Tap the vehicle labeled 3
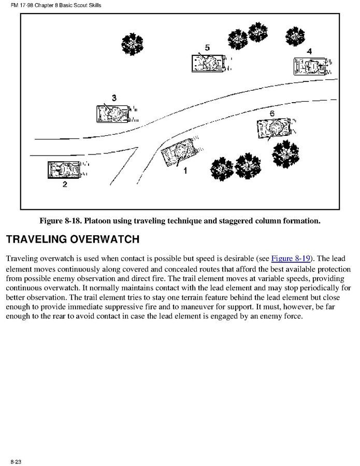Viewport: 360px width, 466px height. pyautogui.click(x=111, y=112)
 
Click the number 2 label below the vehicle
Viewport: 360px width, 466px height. pyautogui.click(x=65, y=185)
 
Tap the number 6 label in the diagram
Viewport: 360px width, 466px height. pyautogui.click(x=272, y=114)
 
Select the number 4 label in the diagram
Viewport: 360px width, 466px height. pyautogui.click(x=309, y=51)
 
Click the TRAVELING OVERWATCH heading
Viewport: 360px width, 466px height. pyautogui.click(x=72, y=239)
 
